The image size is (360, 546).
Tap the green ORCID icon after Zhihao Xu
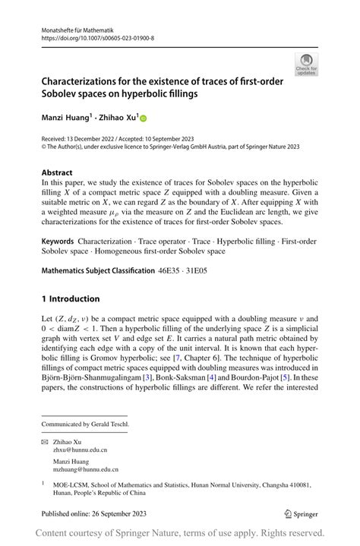[141, 118]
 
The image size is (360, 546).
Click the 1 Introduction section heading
[72, 299]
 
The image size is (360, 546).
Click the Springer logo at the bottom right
[300, 513]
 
